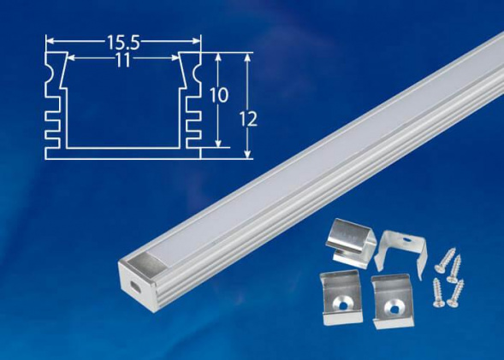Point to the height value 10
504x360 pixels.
tap(219, 95)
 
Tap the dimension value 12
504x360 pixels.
tap(249, 120)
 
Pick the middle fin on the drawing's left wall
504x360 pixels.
tap(54, 121)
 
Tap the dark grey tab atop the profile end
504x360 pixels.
tap(139, 262)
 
